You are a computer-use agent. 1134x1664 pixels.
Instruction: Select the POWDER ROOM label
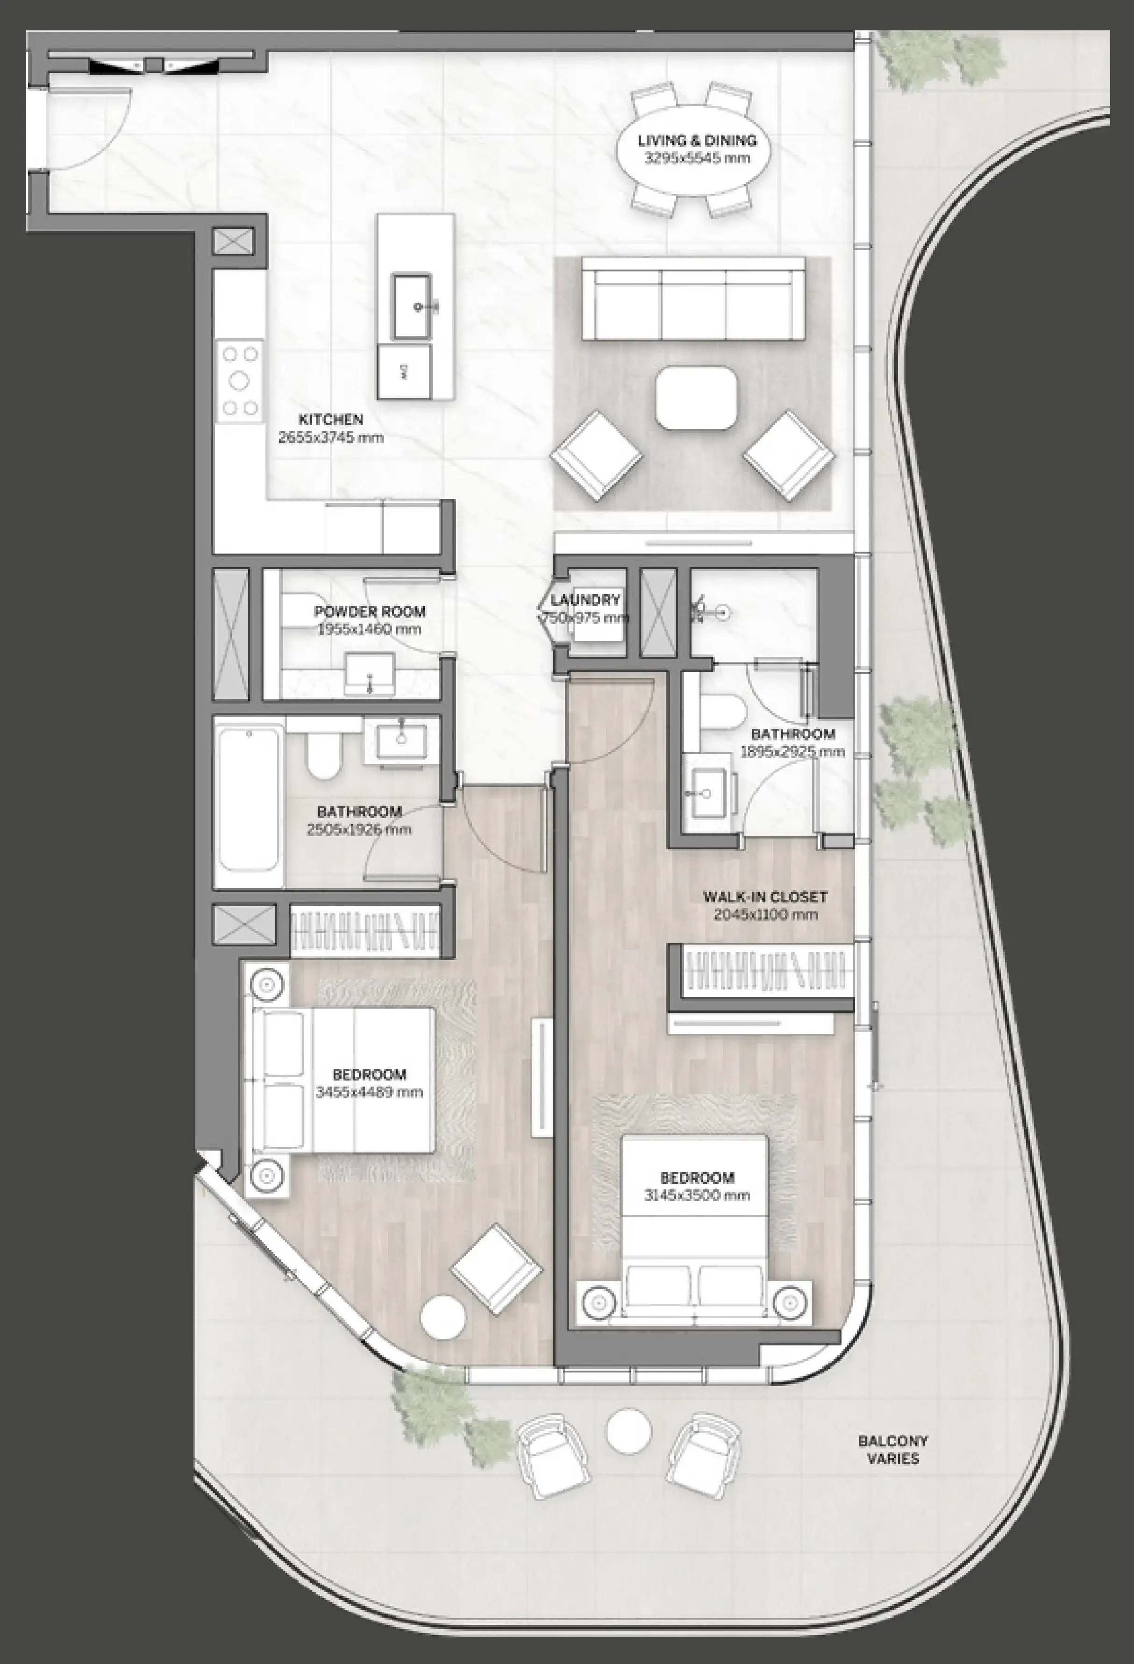tap(370, 612)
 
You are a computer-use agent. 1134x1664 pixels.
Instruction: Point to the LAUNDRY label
tap(585, 600)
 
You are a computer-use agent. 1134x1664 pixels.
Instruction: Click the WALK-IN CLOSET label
tap(765, 896)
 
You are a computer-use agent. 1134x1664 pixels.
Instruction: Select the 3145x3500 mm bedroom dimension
tap(696, 1195)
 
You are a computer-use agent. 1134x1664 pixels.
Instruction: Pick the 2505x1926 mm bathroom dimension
tap(359, 830)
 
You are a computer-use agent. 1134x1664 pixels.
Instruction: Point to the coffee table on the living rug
tap(696, 398)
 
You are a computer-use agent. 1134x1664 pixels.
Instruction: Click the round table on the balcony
tap(628, 1431)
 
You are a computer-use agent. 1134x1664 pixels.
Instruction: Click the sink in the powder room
tap(370, 673)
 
